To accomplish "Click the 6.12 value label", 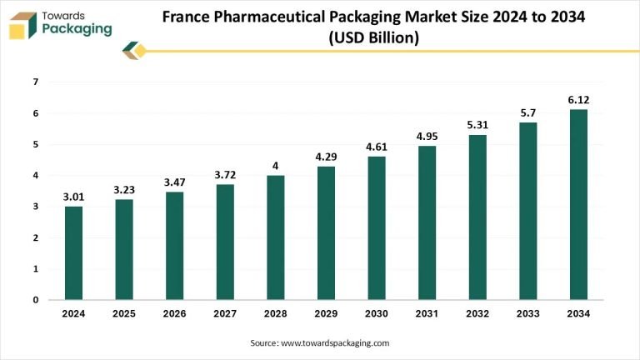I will (578, 100).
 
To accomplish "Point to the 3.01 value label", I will (74, 197).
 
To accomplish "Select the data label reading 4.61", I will (377, 147).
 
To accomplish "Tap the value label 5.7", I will (528, 113).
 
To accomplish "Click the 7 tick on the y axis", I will (35, 82).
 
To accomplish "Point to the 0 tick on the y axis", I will (35, 300).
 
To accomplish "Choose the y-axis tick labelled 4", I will (35, 175).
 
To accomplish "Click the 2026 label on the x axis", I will (174, 314).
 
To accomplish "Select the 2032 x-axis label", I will (477, 314).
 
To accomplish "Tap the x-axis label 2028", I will (276, 314).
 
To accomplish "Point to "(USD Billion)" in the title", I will (372, 37).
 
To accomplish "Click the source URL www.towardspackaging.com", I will (334, 342).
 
